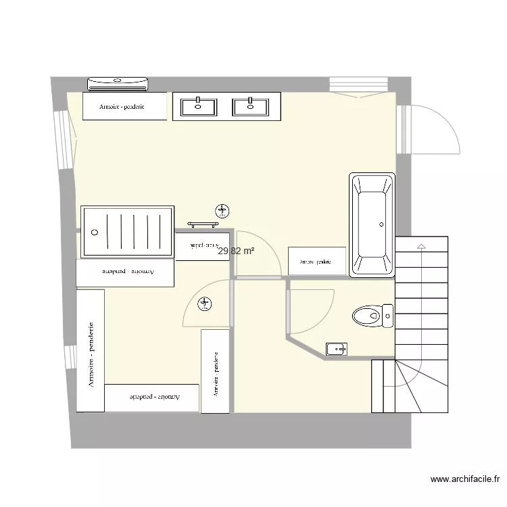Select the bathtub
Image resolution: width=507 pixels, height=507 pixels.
pos(371,225)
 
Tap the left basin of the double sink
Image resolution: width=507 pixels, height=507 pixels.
pos(198,107)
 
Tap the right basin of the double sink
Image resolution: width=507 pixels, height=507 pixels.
pos(250,107)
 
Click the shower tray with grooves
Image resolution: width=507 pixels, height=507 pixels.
pos(127,232)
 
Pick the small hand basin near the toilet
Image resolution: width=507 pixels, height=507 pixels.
pos(336,349)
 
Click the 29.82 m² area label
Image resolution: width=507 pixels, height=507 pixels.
pos(236,251)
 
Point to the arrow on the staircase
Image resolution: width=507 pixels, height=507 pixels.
pos(422,247)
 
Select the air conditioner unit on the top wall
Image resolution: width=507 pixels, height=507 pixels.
pos(118,84)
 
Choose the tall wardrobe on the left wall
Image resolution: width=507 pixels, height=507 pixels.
pos(91,350)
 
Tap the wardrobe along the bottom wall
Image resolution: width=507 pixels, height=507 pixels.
pos(152,397)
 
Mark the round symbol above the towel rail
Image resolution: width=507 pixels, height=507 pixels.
pos(220,210)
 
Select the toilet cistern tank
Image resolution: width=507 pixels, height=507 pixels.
pos(387,315)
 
